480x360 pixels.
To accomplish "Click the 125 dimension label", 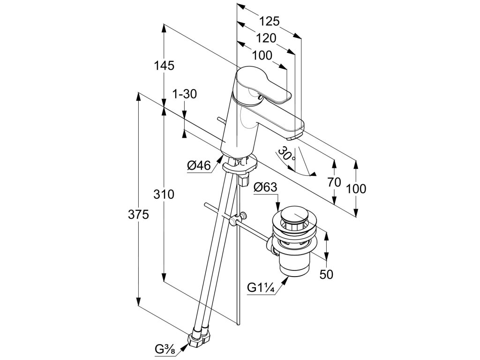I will (270, 21).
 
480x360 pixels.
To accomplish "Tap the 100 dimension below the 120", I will (262, 55).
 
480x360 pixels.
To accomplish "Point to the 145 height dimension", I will (165, 66).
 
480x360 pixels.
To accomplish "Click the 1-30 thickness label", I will (184, 94).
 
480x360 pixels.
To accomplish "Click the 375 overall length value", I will (139, 215).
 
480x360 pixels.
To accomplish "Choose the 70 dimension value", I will (334, 183).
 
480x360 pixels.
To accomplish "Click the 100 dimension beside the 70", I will (356, 189).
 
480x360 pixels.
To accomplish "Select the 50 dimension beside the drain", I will (326, 274).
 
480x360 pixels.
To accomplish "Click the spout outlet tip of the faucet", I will (294, 137).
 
